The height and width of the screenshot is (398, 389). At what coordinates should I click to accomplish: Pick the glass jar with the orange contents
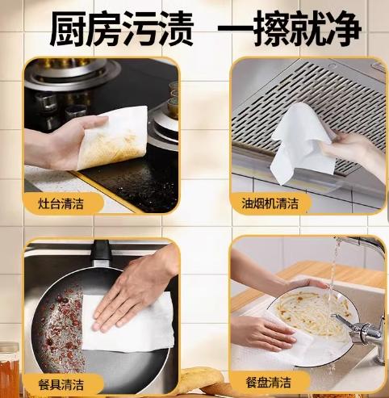(9, 367)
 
